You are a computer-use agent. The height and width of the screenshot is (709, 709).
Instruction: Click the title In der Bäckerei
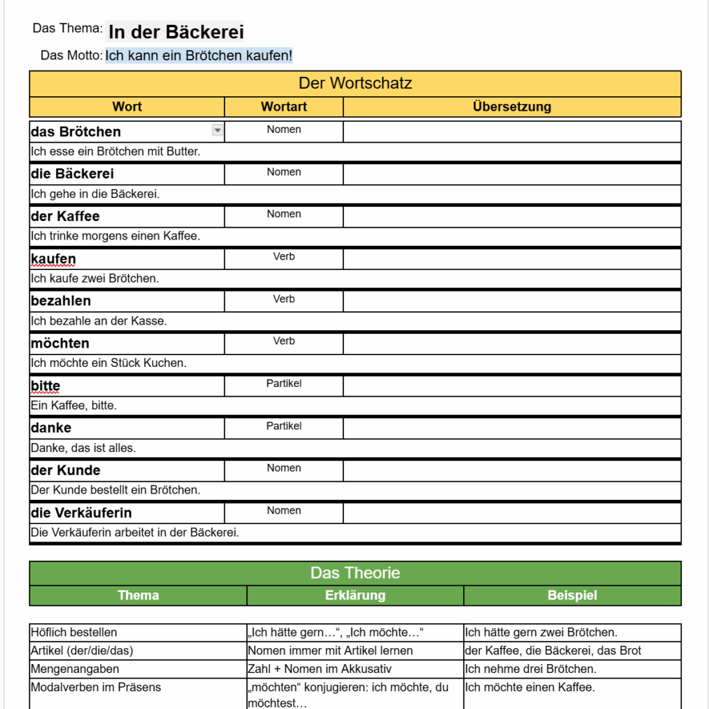pos(176,32)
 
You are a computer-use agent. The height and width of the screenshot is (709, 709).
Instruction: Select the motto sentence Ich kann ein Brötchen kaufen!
pos(199,55)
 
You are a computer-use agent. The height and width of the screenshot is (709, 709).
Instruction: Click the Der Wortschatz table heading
pos(355,84)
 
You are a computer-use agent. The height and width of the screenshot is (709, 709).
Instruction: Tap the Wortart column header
pos(284,107)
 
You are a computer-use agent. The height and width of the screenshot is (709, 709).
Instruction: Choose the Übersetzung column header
pos(512,107)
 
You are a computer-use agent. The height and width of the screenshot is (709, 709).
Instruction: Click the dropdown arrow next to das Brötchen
pos(217,130)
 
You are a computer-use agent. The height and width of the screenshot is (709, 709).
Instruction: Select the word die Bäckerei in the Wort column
pos(73,174)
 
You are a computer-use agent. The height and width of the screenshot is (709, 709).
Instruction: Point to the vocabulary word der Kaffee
pos(65,216)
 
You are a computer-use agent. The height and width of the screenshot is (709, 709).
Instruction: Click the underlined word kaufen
pos(53,259)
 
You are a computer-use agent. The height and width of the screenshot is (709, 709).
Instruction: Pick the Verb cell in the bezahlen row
pos(284,299)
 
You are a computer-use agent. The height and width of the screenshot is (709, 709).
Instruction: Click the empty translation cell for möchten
pos(512,343)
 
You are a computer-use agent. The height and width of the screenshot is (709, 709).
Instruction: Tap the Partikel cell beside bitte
pos(284,384)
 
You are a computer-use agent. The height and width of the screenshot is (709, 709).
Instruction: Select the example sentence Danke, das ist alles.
pos(83,448)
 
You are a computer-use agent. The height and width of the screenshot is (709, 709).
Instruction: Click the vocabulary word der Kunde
pos(66,470)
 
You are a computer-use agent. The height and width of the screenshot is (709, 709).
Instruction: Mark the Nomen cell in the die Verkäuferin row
pos(284,511)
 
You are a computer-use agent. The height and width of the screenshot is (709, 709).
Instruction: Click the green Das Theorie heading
pos(355,573)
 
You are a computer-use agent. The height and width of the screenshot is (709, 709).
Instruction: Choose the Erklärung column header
pos(355,595)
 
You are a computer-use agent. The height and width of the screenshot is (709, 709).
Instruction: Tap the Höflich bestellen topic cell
pos(74,632)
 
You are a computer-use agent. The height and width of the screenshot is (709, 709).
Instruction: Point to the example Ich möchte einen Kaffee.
pos(530,688)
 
